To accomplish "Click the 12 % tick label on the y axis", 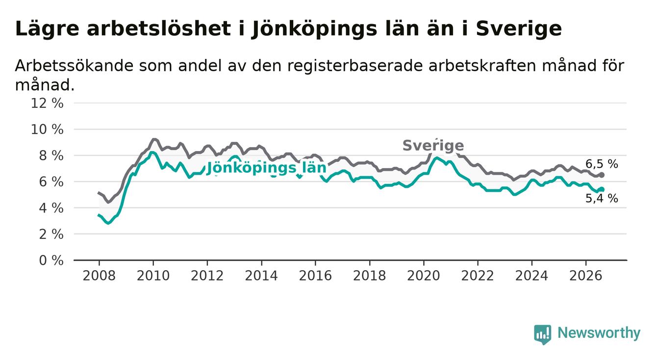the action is (47, 103).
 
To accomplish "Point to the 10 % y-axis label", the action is (47, 129).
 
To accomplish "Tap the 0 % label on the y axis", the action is (51, 260).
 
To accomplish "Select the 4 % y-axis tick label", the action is (51, 208).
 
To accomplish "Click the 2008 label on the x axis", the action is (99, 276).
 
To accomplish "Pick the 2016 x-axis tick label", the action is (315, 276).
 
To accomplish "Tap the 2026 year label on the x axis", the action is (586, 276).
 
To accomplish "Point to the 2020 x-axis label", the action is (424, 276).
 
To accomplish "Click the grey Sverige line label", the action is (433, 146).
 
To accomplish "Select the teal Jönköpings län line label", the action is (266, 168).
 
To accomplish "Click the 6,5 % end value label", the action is (602, 164).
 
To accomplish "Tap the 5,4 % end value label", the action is (602, 199).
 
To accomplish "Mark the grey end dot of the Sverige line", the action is (602, 175).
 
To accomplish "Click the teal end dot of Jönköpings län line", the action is (602, 189).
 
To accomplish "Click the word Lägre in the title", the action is (47, 29).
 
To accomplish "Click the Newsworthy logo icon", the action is (542, 334).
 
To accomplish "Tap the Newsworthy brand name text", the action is (599, 333).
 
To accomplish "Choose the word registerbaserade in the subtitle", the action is (355, 66).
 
